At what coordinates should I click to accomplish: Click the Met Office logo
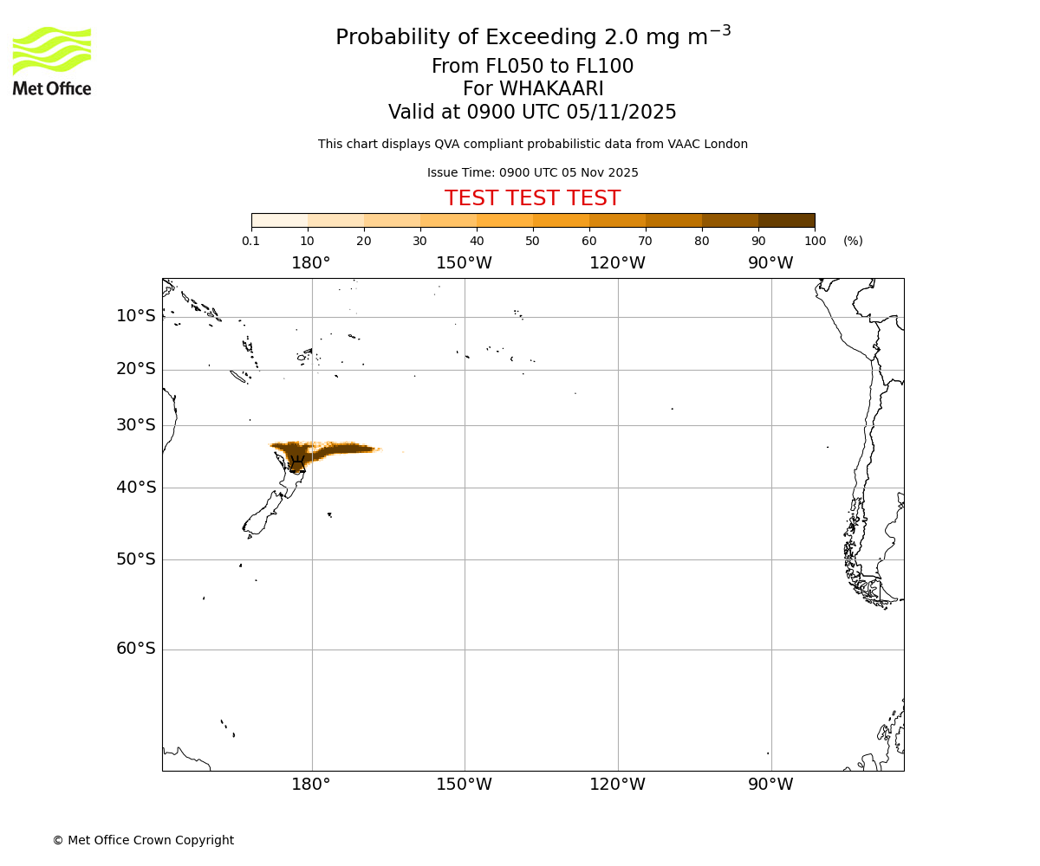point(52,61)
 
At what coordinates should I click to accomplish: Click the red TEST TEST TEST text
point(532,198)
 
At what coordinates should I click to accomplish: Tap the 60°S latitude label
point(136,649)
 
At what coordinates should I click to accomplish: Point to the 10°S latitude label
point(136,316)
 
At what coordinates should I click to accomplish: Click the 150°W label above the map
point(464,263)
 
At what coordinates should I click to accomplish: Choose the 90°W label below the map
point(770,785)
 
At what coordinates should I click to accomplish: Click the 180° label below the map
point(311,785)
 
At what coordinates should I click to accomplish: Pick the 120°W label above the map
point(617,263)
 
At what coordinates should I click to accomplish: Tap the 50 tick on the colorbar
point(532,241)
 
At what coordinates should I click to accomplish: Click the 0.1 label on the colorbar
point(251,241)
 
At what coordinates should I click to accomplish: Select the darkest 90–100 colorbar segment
point(786,220)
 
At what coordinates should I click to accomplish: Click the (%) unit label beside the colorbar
point(853,241)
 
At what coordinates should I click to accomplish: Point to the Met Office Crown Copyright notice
point(143,840)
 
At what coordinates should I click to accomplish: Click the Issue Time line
point(532,172)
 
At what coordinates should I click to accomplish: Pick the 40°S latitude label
point(136,488)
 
